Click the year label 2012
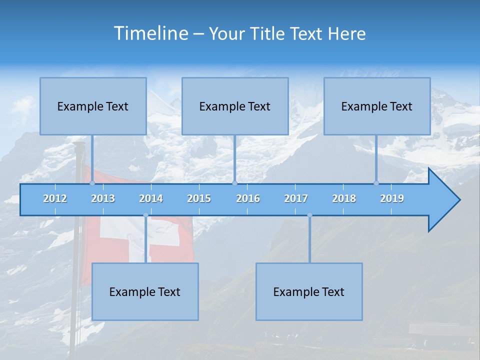point(55,198)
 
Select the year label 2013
point(103,198)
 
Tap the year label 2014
point(151,198)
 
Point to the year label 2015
point(199,198)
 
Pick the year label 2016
point(248,198)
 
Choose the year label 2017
point(296,198)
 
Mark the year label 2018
point(344,198)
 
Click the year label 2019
point(392,198)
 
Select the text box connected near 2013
point(93,106)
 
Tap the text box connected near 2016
point(235,106)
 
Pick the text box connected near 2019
point(377,106)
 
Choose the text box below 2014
point(145,291)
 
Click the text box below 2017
point(309,291)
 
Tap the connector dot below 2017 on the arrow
point(309,215)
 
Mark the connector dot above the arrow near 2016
point(234,183)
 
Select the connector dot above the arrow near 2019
point(376,183)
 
